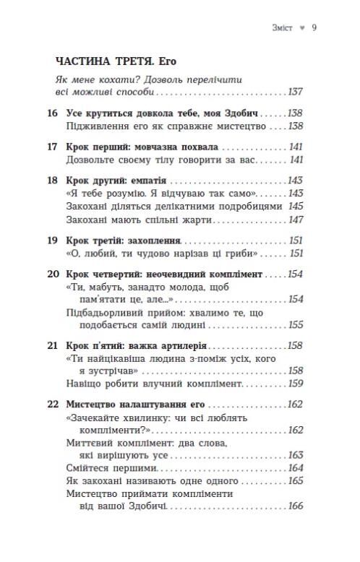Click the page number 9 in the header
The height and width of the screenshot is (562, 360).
(x=314, y=28)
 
